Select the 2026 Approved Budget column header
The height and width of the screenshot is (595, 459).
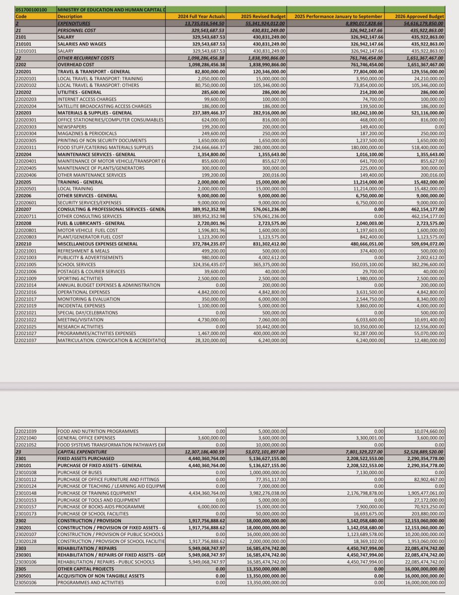click(x=420, y=16)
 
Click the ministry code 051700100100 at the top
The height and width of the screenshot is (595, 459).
click(x=32, y=9)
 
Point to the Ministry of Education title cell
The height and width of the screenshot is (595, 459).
click(x=111, y=9)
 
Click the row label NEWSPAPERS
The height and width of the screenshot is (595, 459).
click(x=73, y=127)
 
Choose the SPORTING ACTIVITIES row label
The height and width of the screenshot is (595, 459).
click(x=81, y=278)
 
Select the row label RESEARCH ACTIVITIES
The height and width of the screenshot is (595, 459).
click(x=80, y=327)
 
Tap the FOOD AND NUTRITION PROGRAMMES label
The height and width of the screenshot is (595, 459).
click(x=98, y=431)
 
